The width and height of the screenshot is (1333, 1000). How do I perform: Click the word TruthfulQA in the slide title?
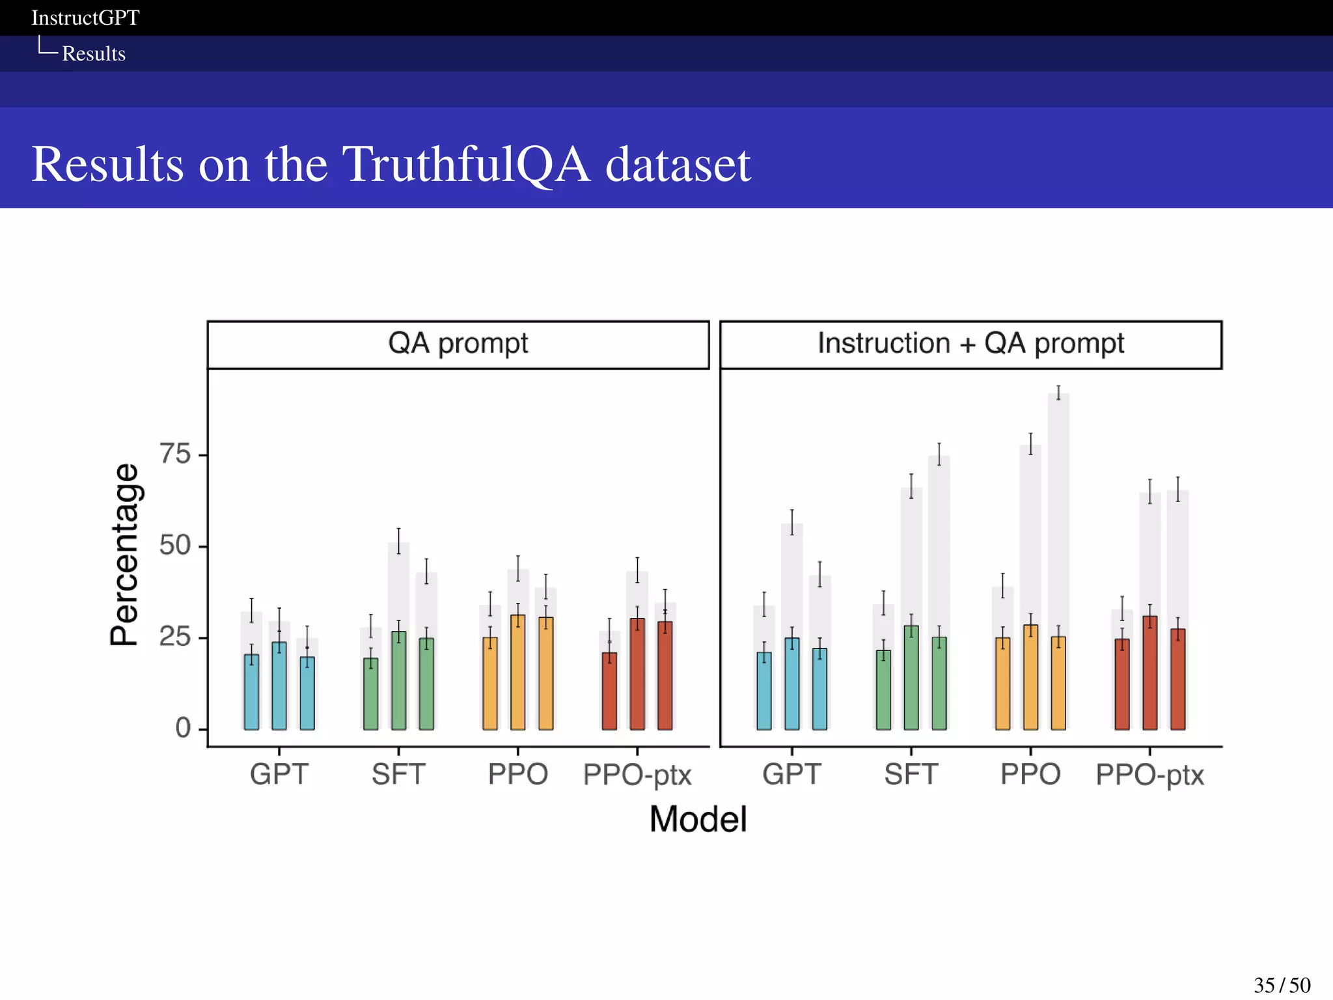coord(466,164)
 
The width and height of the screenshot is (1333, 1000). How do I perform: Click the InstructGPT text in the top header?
coord(85,18)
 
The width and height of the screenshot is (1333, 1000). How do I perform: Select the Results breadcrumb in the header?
coord(94,53)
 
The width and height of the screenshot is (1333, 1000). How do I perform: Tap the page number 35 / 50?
coord(1282,985)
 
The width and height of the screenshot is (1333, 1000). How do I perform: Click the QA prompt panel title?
coord(458,344)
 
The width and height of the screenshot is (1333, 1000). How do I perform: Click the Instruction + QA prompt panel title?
coord(970,344)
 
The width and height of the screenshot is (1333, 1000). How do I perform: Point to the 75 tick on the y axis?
coord(175,454)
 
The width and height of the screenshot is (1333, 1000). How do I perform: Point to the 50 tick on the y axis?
coord(175,546)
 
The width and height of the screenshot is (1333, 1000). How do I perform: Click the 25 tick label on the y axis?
coord(175,637)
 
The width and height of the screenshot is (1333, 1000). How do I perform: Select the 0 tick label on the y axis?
coord(183,728)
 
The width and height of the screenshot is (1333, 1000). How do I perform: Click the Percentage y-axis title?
coord(124,555)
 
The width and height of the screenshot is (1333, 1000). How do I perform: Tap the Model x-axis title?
coord(698,819)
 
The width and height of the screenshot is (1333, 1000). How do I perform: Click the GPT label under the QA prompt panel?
coord(279,775)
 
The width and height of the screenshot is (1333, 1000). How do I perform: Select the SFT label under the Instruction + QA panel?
coord(911,775)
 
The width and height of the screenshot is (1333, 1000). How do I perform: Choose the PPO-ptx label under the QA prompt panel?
coord(637,775)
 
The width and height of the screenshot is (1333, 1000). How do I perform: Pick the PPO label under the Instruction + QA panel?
coord(1030,775)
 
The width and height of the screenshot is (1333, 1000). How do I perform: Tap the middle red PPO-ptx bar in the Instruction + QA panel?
coord(1150,673)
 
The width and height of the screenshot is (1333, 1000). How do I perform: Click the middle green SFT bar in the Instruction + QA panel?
coord(911,678)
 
